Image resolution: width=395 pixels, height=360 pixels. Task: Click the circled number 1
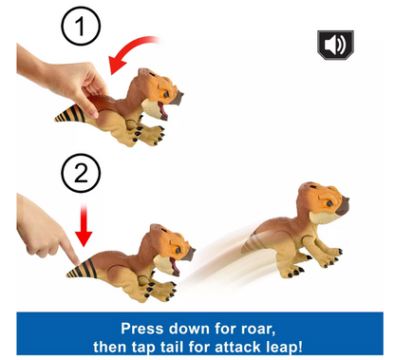pos(81,27)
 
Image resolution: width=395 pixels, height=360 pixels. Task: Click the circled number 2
pos(81,173)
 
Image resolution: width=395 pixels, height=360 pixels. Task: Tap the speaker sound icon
pos(335,45)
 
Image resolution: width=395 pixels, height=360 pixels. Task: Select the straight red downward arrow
pos(84,225)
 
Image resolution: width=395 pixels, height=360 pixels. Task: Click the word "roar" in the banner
pos(258,329)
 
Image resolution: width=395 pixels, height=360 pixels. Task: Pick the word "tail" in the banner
pos(171,347)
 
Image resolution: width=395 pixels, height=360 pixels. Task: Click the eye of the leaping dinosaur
pos(329,203)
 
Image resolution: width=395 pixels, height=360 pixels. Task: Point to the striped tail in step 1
pos(70,114)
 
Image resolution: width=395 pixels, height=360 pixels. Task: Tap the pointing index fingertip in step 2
pos(76,262)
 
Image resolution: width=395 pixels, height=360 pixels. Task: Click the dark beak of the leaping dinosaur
pos(343,207)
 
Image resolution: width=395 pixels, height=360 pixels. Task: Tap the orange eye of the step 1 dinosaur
pos(166,94)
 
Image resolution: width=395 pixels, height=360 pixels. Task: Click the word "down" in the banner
pos(190,329)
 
